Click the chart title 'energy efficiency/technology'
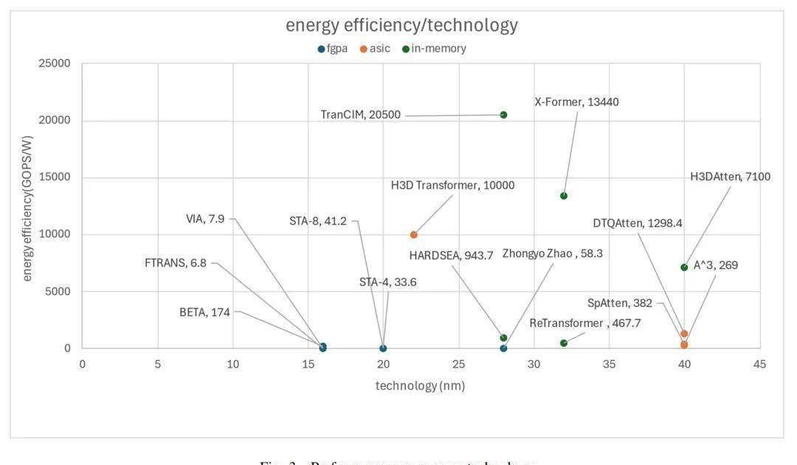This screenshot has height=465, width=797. tap(401, 25)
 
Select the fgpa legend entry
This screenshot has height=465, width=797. tap(333, 49)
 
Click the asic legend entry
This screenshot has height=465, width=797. tap(375, 49)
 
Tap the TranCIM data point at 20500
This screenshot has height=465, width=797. tap(503, 114)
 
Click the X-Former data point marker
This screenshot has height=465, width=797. tap(564, 196)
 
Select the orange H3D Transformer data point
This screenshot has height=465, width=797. tap(413, 235)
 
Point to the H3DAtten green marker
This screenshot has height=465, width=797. tap(684, 267)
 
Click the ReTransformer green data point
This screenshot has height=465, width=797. tap(564, 343)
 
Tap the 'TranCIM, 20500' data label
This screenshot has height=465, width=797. tap(361, 115)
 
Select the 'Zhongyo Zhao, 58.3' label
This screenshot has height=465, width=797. tap(552, 254)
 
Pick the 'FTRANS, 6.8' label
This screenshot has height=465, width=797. tap(176, 263)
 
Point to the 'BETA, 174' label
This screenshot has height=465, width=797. tap(204, 312)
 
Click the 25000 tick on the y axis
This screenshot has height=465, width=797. tap(55, 64)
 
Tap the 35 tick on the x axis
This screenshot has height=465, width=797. tap(609, 364)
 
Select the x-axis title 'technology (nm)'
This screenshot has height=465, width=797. tap(420, 385)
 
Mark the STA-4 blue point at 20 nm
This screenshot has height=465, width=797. tap(383, 348)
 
